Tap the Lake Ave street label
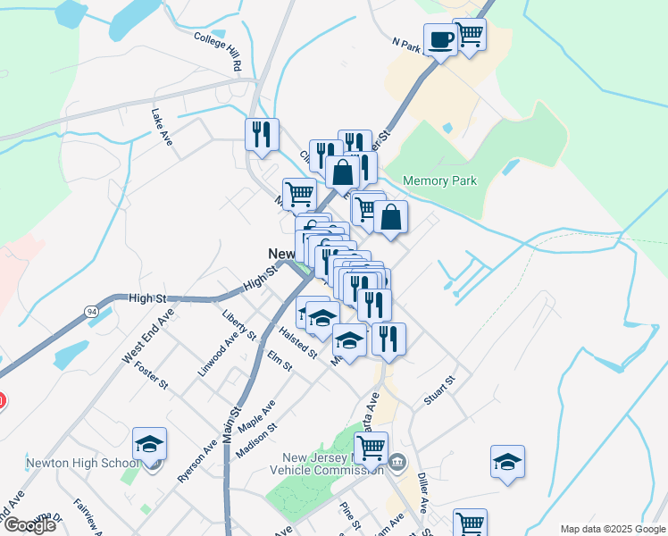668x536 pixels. (x=162, y=127)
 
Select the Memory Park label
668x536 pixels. (x=440, y=180)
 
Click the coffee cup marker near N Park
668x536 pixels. (x=440, y=40)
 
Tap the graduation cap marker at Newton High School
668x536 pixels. (x=150, y=444)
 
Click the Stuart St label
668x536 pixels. (x=439, y=390)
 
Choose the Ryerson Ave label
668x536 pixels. (x=197, y=461)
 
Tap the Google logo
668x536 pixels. (x=29, y=525)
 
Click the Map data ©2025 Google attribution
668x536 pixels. (x=612, y=529)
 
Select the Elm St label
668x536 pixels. (x=280, y=361)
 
